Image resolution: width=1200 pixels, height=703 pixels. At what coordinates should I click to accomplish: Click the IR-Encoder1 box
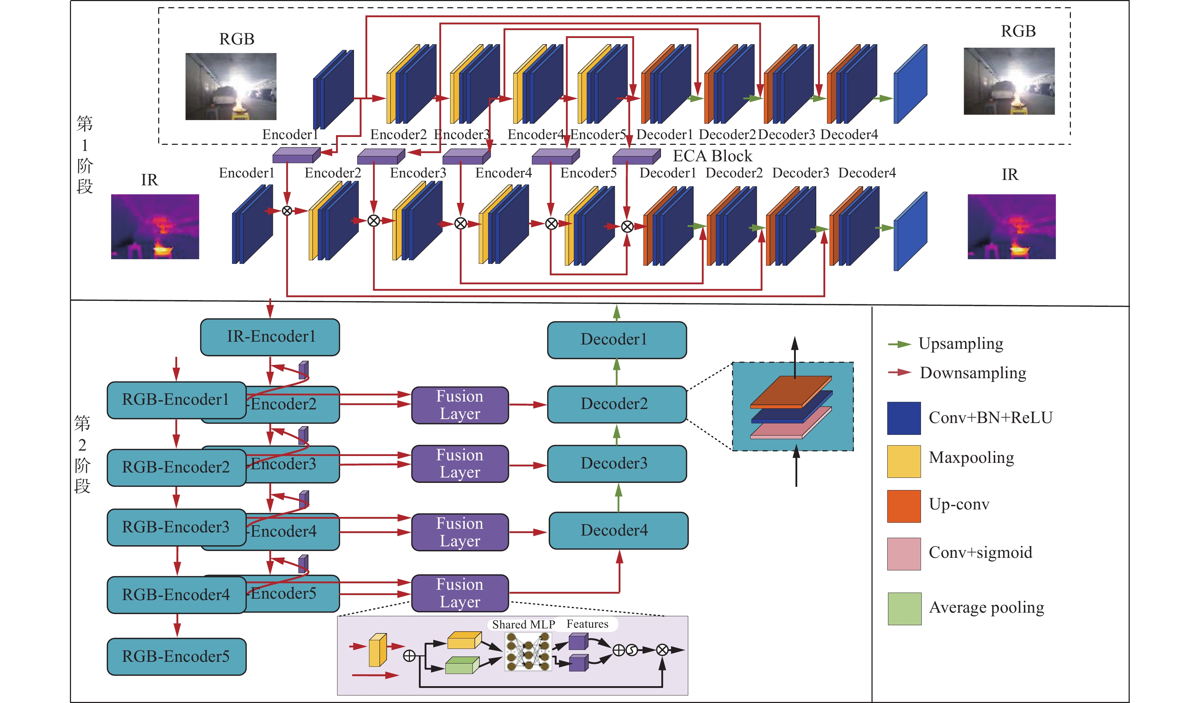coord(270,337)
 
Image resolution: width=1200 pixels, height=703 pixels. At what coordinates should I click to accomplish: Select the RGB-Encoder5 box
coord(176,656)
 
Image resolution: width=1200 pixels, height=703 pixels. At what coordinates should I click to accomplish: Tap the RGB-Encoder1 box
coord(176,400)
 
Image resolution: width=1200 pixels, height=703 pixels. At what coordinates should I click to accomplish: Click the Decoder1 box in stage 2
coord(616,340)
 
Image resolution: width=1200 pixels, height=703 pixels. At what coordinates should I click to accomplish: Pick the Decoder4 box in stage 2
coord(618,530)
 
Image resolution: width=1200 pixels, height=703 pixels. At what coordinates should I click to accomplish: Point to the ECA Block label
coord(712,156)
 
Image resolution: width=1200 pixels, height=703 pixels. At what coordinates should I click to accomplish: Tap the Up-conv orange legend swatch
coord(903,506)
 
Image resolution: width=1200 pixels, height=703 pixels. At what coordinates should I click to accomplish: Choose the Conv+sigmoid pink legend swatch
coord(903,554)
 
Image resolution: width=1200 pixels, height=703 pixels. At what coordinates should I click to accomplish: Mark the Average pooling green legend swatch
coord(904,608)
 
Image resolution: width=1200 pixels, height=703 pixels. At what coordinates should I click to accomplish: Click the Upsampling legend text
coord(960,344)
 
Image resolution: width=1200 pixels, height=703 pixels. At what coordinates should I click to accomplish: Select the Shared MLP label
coord(523,624)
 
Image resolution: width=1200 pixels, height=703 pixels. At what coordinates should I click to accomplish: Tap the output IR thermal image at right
coord(1011,227)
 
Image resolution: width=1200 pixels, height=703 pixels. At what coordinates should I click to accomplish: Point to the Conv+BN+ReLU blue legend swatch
coord(903,418)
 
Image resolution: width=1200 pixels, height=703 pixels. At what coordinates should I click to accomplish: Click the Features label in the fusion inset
coord(587,624)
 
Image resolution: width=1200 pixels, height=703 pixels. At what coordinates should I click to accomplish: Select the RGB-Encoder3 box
coord(176,527)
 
